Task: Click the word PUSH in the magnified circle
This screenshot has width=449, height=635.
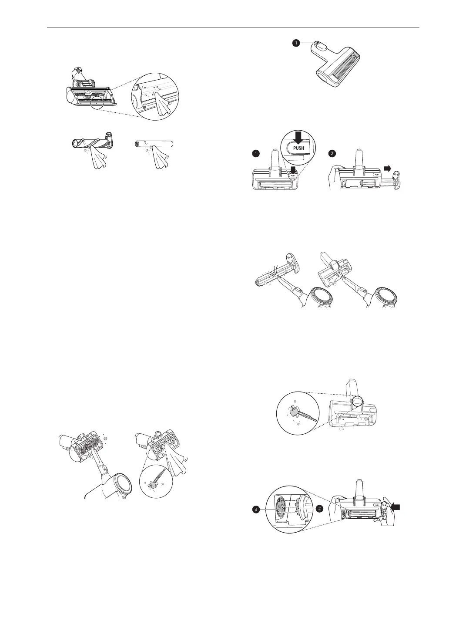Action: tap(298, 148)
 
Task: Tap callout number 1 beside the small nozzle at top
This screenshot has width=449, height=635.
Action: tap(295, 43)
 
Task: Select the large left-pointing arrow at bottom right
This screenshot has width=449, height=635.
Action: tap(395, 507)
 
